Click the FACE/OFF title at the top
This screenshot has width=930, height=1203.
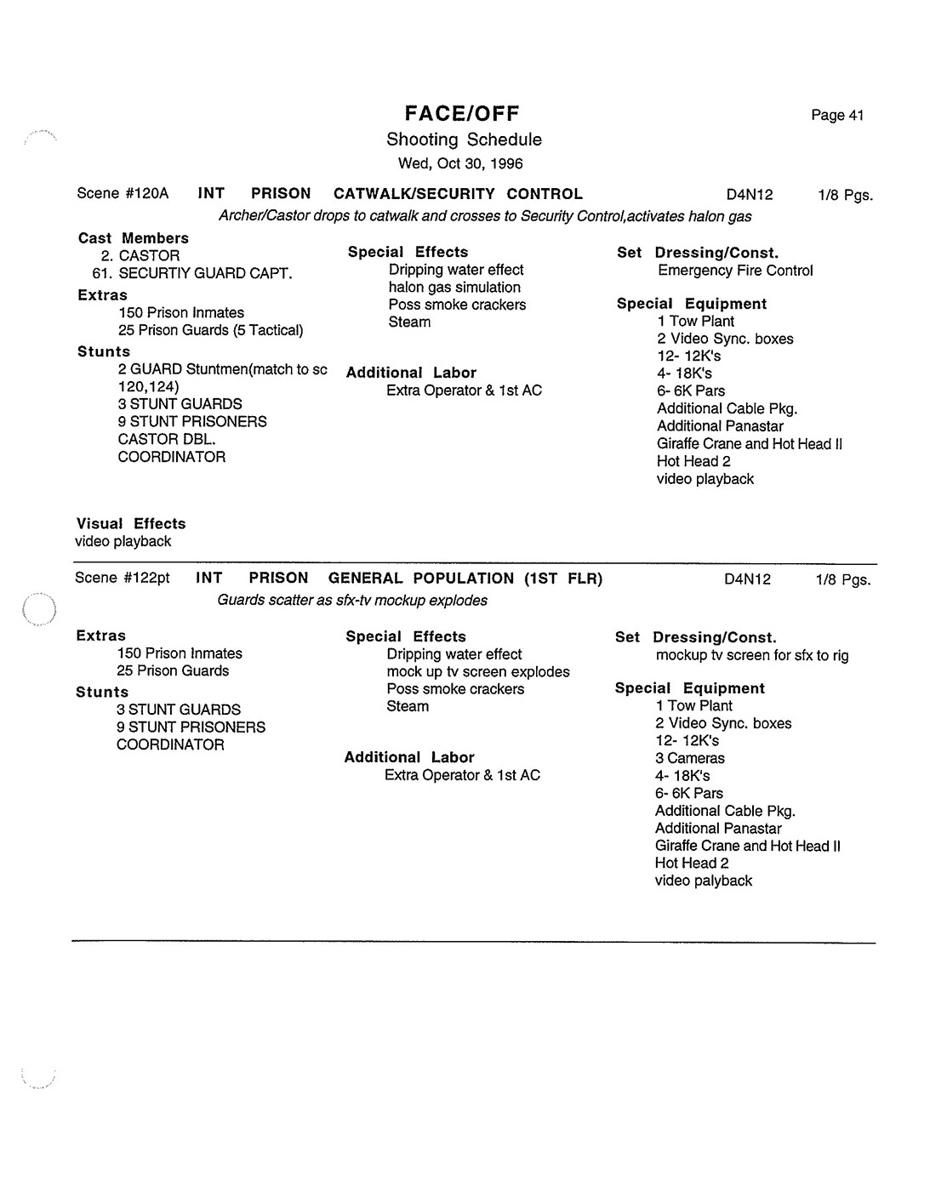[462, 113]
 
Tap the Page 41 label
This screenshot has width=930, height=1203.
[837, 116]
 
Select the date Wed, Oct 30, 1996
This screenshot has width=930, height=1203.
[460, 163]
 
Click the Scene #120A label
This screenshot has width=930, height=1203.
[123, 194]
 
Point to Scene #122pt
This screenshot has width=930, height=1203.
[123, 579]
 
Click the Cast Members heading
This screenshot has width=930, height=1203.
[134, 238]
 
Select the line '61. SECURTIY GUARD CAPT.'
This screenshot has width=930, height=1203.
[192, 273]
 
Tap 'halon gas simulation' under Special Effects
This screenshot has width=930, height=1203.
[454, 288]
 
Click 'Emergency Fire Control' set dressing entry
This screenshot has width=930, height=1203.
[735, 271]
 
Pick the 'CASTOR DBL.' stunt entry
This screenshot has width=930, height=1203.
[167, 439]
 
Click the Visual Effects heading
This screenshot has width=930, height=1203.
[131, 524]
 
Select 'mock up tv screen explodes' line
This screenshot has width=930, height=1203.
[478, 672]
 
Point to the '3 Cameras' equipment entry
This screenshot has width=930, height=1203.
[690, 758]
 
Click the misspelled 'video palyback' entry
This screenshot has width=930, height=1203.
[704, 881]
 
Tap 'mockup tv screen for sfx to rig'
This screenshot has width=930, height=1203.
[752, 655]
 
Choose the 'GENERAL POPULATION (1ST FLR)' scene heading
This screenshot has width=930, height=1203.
[465, 579]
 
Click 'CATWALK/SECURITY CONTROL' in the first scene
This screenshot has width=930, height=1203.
[458, 194]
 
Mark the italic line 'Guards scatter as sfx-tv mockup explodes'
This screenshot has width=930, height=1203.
[352, 601]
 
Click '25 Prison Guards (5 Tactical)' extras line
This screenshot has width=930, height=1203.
[211, 330]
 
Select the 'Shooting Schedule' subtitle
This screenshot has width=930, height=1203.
[464, 140]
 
